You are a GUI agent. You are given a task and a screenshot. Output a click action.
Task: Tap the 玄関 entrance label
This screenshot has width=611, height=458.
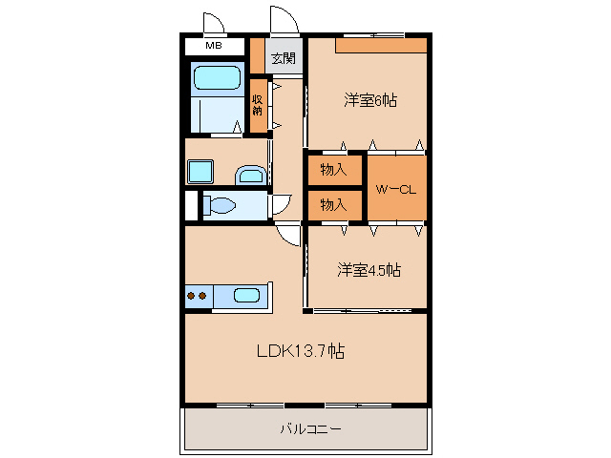coord(284,58)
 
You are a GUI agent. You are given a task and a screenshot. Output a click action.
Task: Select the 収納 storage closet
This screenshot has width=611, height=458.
coord(258,104)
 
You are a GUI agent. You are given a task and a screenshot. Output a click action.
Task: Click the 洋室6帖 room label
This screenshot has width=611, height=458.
coord(370,99)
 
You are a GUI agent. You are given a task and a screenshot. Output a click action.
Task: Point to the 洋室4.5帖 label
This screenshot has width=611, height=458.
coord(368,270)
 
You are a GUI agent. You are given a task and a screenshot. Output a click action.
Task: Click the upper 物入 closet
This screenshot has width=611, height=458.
coord(333,170)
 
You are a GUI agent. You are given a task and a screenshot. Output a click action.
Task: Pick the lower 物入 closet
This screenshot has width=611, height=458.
coord(333,205)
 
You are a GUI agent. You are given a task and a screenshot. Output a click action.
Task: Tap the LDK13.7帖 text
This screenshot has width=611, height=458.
coord(300,351)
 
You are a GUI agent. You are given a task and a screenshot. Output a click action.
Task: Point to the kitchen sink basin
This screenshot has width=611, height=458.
coord(246,296)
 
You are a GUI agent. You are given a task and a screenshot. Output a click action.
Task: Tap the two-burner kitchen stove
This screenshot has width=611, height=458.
coord(198,297)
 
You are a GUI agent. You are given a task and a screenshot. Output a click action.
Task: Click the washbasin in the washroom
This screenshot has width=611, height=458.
coord(250,175)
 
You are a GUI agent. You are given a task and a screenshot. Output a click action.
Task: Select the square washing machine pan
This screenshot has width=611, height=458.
coord(201,173)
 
